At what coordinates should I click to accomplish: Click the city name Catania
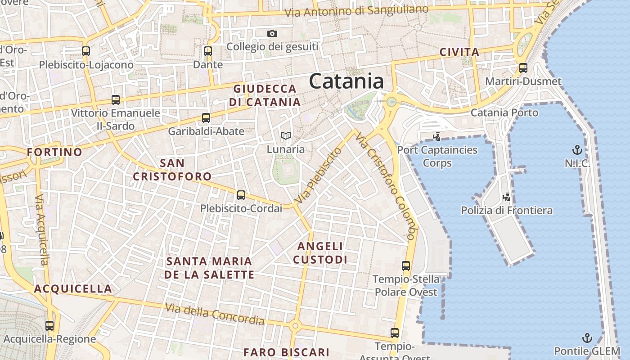[346, 81]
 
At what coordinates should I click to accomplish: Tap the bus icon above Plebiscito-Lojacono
[86, 51]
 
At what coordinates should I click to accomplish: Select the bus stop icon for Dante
[207, 51]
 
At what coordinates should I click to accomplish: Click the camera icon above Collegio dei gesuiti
[272, 33]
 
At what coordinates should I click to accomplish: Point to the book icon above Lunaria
[285, 135]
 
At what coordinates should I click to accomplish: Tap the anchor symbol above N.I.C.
[577, 149]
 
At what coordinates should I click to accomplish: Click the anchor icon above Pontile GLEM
[587, 337]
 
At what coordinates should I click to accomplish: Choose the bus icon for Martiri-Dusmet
[523, 68]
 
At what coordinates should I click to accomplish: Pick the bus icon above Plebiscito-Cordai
[241, 195]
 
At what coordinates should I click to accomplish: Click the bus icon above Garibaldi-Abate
[206, 118]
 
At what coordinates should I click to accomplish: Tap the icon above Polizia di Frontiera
[507, 197]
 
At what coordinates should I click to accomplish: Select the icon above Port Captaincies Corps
[436, 136]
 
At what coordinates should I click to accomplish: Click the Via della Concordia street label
[214, 314]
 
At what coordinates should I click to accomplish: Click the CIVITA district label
[459, 52]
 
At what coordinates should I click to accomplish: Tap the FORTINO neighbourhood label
[54, 152]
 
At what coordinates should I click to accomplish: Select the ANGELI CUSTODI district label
[320, 253]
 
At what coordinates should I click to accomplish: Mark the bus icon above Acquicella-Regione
[49, 326]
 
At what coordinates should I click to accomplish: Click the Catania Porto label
[504, 112]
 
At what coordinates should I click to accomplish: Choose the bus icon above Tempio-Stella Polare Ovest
[406, 266]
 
